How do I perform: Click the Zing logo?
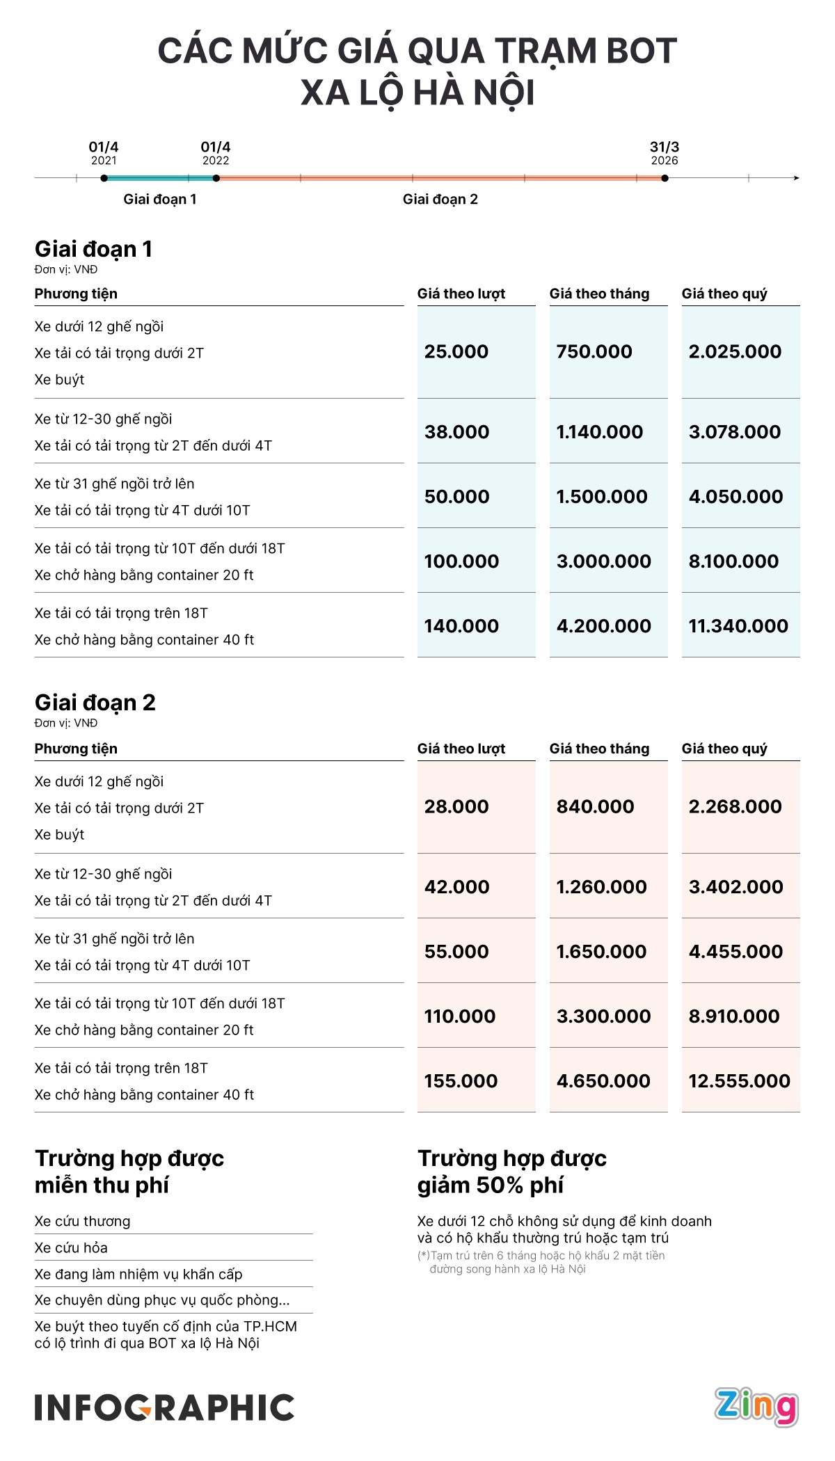pyautogui.click(x=756, y=1407)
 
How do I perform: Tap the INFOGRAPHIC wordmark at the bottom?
pyautogui.click(x=164, y=1407)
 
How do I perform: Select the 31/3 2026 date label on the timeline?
pyautogui.click(x=665, y=153)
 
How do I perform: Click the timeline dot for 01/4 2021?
pyautogui.click(x=104, y=178)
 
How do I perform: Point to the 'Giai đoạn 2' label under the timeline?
pyautogui.click(x=440, y=200)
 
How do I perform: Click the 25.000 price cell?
pyautogui.click(x=456, y=352)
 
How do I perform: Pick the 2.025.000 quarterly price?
pyautogui.click(x=735, y=352)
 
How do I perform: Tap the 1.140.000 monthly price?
pyautogui.click(x=600, y=432)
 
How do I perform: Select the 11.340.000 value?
pyautogui.click(x=738, y=626)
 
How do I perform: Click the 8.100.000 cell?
pyautogui.click(x=733, y=561)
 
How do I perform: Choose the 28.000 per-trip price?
pyautogui.click(x=456, y=807)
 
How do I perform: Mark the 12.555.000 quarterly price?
pyautogui.click(x=739, y=1081)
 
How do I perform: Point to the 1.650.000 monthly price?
pyautogui.click(x=601, y=952)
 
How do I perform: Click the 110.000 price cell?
pyautogui.click(x=460, y=1016)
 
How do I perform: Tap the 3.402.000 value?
pyautogui.click(x=735, y=887)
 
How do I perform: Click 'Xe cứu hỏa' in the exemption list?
pyautogui.click(x=71, y=1247)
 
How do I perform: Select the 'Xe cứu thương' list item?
pyautogui.click(x=82, y=1221)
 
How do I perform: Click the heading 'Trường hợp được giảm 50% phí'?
pyautogui.click(x=512, y=1172)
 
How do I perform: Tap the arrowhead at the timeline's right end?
pyautogui.click(x=797, y=178)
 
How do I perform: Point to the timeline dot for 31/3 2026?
pyautogui.click(x=665, y=178)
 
